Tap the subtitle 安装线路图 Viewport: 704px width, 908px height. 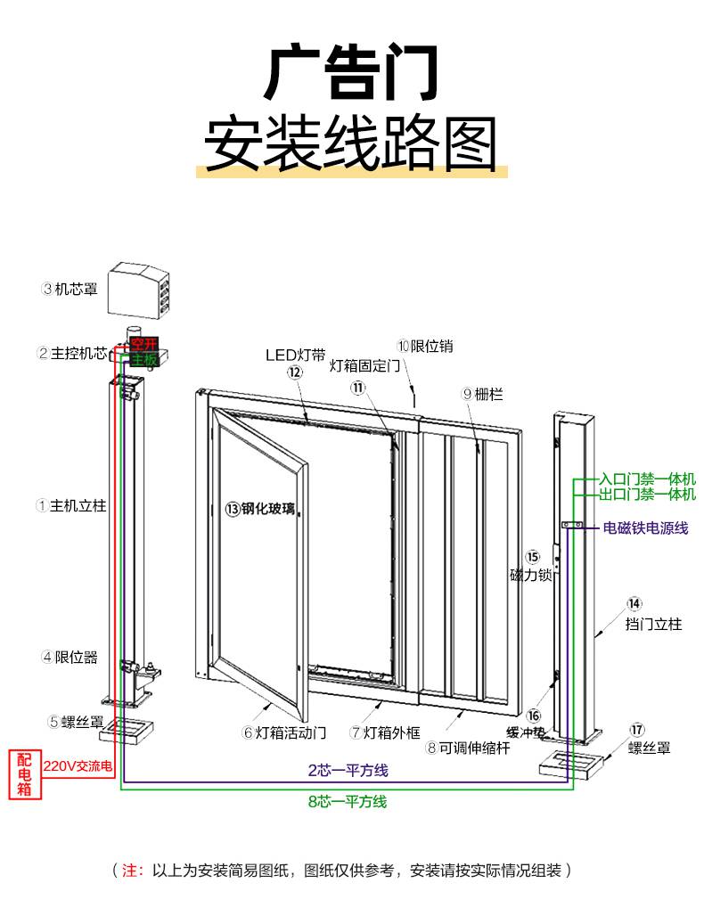coord(351,143)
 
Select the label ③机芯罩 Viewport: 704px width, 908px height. coord(70,289)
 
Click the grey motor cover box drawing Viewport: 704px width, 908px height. coord(139,288)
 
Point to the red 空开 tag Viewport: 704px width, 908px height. coord(143,344)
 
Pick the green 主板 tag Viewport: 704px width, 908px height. coord(143,360)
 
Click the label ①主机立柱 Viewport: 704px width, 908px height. coord(71,505)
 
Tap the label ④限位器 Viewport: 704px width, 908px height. coord(70,658)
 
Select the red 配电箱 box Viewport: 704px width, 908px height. coord(25,774)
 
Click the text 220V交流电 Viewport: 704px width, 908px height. coord(78,765)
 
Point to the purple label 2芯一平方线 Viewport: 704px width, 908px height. coord(348,770)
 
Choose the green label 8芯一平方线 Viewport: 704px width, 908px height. coord(348,801)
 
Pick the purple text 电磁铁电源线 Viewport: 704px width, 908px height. coord(646,528)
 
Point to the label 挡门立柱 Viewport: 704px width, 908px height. coord(653,624)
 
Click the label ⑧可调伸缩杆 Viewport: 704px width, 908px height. coord(467,748)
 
